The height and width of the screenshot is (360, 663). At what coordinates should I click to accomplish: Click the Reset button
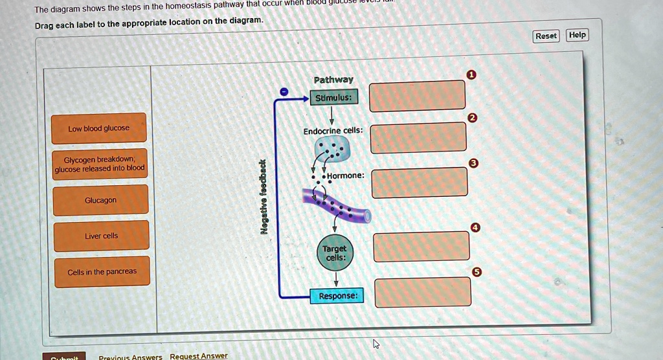tap(546, 36)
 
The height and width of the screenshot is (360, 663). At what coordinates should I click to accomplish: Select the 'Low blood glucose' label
tap(99, 128)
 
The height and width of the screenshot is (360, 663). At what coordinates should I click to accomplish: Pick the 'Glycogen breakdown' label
tap(100, 164)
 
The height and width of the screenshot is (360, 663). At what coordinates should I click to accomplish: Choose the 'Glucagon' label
tap(100, 200)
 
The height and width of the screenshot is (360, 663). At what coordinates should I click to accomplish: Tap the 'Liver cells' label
tap(101, 236)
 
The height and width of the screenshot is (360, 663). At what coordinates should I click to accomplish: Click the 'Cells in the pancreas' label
tap(102, 271)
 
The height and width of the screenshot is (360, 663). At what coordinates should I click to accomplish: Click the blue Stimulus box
tap(333, 98)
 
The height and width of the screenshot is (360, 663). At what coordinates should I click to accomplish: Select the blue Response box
tap(337, 296)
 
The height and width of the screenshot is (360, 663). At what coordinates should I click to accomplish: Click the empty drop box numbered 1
tap(418, 95)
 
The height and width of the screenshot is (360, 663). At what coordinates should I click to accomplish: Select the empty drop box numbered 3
tap(420, 183)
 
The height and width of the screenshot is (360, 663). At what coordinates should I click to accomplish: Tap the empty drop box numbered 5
tap(423, 292)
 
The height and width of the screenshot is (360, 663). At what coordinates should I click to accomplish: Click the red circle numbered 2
tap(472, 118)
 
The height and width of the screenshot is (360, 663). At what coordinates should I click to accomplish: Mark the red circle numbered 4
tap(476, 227)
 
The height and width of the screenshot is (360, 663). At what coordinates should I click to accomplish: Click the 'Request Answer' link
tap(199, 355)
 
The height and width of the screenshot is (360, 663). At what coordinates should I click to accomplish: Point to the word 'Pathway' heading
tap(333, 80)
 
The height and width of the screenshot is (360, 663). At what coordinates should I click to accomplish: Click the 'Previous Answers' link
tap(130, 356)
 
